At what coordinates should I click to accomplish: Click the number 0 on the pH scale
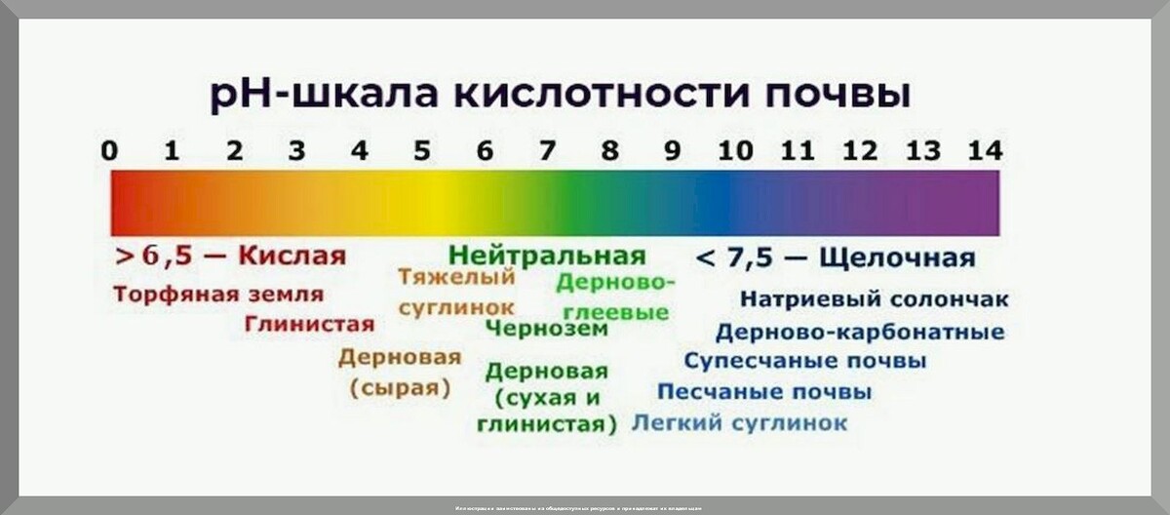click(x=110, y=151)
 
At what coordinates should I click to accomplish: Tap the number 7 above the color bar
click(x=548, y=151)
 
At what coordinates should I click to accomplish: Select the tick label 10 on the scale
click(x=735, y=151)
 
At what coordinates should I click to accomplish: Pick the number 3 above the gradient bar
click(x=297, y=151)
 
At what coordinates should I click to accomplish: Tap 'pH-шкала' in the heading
click(x=317, y=97)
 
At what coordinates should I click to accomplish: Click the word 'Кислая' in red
click(x=292, y=257)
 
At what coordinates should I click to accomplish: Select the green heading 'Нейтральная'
click(x=547, y=256)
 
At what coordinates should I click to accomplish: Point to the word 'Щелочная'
click(x=897, y=257)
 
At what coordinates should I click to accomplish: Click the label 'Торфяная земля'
click(x=218, y=294)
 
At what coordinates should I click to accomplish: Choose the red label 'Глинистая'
click(x=309, y=324)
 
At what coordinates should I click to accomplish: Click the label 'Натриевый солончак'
click(x=874, y=299)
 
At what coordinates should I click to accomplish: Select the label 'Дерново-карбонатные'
click(x=859, y=332)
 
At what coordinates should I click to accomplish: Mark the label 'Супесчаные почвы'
click(x=804, y=361)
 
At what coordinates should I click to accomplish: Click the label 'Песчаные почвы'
click(x=764, y=392)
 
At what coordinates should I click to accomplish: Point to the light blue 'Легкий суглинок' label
click(x=739, y=423)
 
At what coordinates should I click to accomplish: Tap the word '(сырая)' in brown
click(x=400, y=387)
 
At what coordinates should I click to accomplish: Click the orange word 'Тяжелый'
click(x=456, y=276)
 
